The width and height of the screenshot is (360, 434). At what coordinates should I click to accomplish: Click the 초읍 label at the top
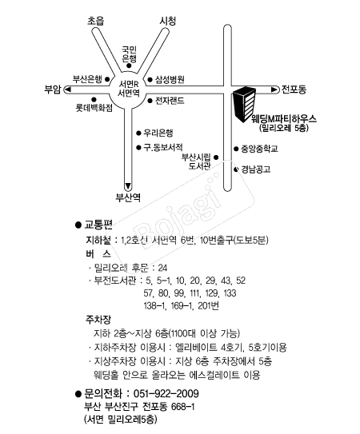pyautogui.click(x=96, y=21)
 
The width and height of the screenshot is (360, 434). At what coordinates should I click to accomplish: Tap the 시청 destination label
pyautogui.click(x=168, y=21)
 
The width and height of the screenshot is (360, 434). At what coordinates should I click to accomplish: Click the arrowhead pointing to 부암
pyautogui.click(x=68, y=90)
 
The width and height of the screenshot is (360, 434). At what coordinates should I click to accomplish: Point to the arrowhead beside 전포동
pyautogui.click(x=274, y=90)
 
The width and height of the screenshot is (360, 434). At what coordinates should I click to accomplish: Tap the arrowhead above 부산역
pyautogui.click(x=128, y=185)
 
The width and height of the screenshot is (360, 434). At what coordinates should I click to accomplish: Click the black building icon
pyautogui.click(x=244, y=105)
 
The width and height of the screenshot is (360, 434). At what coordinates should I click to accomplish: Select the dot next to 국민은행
pyautogui.click(x=129, y=66)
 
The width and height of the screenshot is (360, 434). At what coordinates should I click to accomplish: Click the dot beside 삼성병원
pyautogui.click(x=150, y=80)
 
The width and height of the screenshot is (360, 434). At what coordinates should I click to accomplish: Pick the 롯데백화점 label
pyautogui.click(x=94, y=108)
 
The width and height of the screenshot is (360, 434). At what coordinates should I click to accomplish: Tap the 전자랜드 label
pyautogui.click(x=170, y=101)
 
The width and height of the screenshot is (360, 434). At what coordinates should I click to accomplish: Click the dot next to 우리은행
pyautogui.click(x=138, y=133)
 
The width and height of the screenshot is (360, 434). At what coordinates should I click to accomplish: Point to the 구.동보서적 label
pyautogui.click(x=163, y=147)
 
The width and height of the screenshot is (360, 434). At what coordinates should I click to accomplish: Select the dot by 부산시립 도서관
pyautogui.click(x=216, y=157)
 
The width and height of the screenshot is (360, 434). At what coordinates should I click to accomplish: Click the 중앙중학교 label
pyautogui.click(x=259, y=149)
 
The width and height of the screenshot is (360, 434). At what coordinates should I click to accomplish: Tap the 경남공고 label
pyautogui.click(x=255, y=169)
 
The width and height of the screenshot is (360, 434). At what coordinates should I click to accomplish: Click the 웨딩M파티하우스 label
pyautogui.click(x=284, y=119)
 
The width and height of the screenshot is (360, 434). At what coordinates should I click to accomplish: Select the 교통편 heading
pyautogui.click(x=98, y=225)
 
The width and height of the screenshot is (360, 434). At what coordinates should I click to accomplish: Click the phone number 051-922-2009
pyautogui.click(x=166, y=393)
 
